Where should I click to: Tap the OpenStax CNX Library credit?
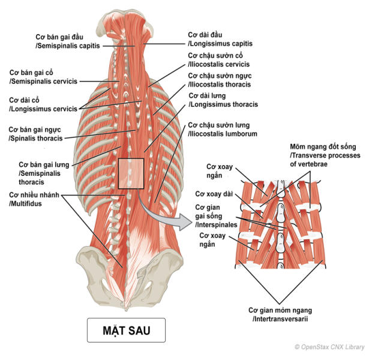click(332, 347)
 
